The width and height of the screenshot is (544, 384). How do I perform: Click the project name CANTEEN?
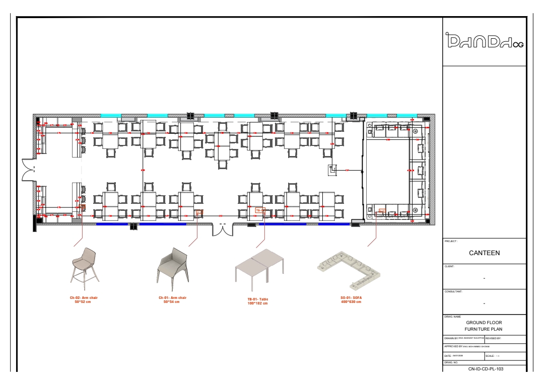tap(484, 253)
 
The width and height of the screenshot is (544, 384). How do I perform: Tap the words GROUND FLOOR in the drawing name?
tap(484, 322)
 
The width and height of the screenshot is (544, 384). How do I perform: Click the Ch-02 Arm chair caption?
tap(84, 298)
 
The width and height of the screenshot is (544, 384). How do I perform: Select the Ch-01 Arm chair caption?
tap(172, 298)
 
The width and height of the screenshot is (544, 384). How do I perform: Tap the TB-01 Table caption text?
tap(261, 299)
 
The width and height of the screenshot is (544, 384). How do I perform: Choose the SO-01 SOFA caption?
tap(351, 298)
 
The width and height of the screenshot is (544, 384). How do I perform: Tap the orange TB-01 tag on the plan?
tap(260, 210)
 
